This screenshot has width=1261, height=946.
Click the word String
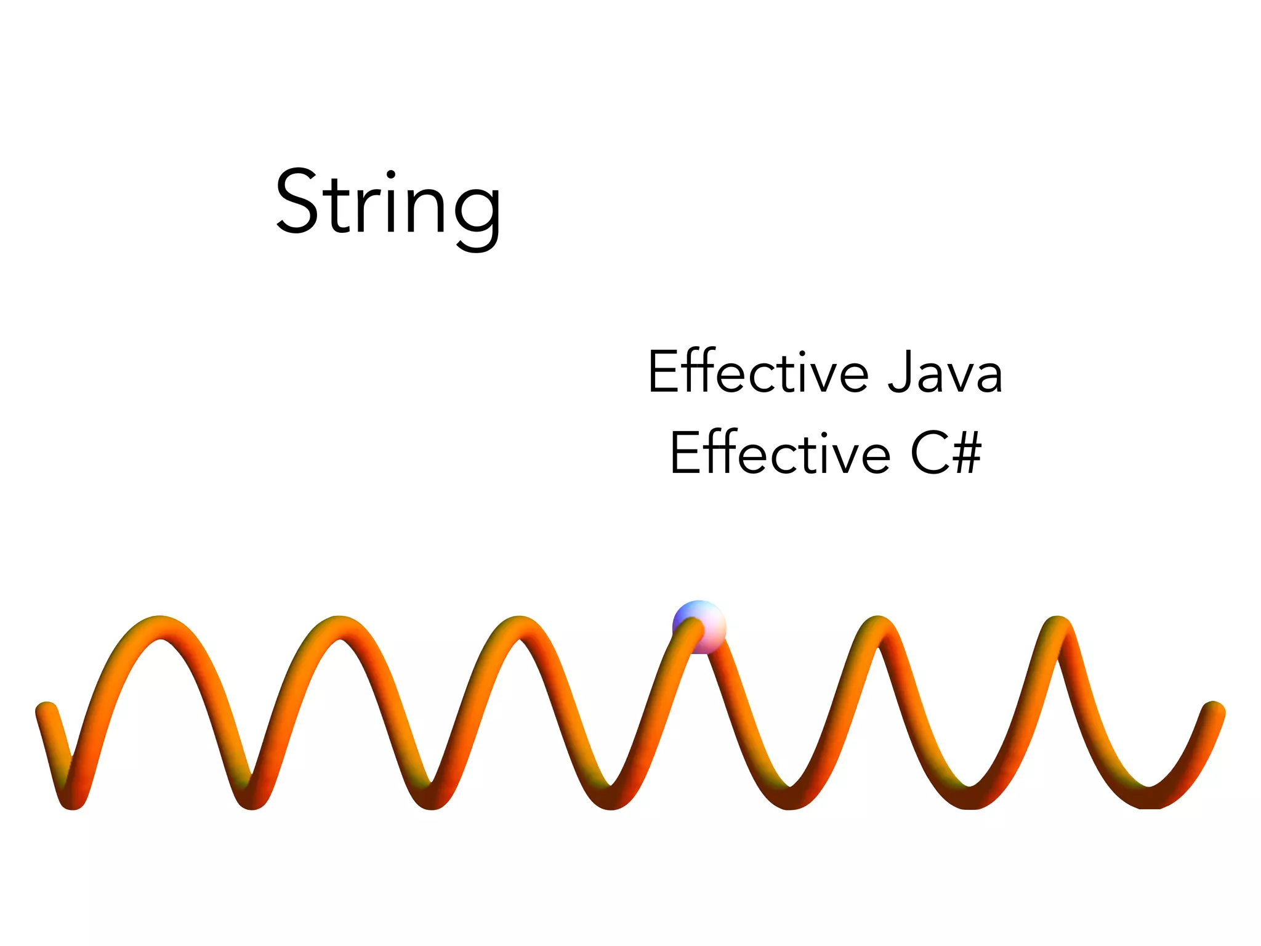point(388,203)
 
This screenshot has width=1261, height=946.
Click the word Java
point(945,373)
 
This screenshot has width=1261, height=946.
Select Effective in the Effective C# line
point(780,453)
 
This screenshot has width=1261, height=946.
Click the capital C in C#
point(930,453)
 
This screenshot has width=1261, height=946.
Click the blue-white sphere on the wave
point(699,626)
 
